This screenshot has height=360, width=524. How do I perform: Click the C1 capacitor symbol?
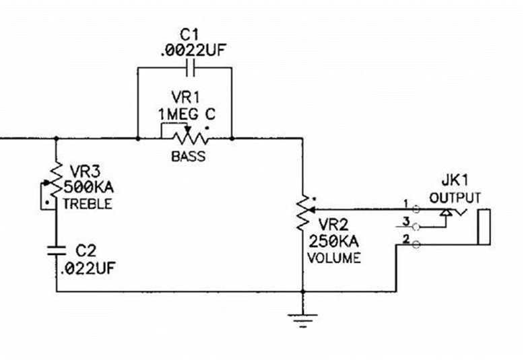click(x=191, y=68)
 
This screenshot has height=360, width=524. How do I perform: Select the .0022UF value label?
click(x=193, y=50)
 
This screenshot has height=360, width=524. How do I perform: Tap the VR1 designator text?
click(x=186, y=97)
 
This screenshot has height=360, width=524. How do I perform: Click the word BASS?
click(x=188, y=156)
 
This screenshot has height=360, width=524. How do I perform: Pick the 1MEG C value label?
click(x=187, y=114)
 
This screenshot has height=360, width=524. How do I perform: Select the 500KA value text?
click(x=88, y=187)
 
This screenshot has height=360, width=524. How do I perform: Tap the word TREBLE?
click(x=88, y=204)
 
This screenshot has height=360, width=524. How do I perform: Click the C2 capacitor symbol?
click(x=56, y=250)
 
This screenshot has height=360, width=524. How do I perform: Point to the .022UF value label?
click(x=88, y=268)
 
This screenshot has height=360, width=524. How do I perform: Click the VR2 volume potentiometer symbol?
click(x=304, y=212)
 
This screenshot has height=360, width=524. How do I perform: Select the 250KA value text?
click(x=333, y=241)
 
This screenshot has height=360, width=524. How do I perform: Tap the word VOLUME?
click(x=334, y=258)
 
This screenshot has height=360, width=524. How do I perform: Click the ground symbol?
click(x=303, y=320)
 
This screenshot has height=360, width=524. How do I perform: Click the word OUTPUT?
click(x=455, y=198)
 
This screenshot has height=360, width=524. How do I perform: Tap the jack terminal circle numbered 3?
click(x=416, y=227)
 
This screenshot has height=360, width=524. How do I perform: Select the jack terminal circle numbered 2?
click(x=416, y=245)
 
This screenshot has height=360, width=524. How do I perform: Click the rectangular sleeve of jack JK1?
click(x=484, y=227)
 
